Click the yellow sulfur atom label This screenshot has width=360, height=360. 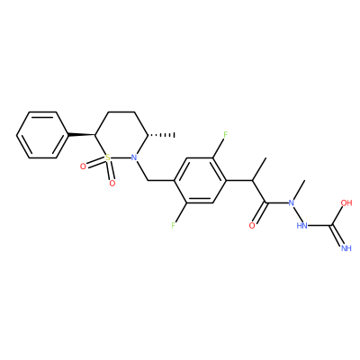click(x=108, y=157)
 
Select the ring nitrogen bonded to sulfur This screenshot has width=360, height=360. click(x=134, y=157)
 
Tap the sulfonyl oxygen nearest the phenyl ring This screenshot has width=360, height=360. click(x=83, y=166)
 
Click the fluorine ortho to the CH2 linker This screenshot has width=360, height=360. click(x=174, y=225)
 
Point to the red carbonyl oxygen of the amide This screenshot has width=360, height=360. click(x=252, y=225)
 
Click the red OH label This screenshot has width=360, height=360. click(x=346, y=202)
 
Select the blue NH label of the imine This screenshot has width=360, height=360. click(x=346, y=248)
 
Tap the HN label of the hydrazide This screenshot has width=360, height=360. click(x=302, y=225)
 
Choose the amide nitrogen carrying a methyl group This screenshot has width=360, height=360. click(x=291, y=202)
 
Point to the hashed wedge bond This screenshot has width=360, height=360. click(x=161, y=135)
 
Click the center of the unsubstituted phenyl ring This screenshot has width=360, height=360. click(x=42, y=135)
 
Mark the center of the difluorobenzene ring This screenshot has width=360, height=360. click(x=200, y=180)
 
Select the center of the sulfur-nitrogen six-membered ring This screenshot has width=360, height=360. click(x=121, y=135)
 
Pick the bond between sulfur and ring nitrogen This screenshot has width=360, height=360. click(x=121, y=157)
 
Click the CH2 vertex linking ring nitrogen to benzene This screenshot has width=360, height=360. click(x=148, y=181)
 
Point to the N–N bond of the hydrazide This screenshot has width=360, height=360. click(x=296, y=214)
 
